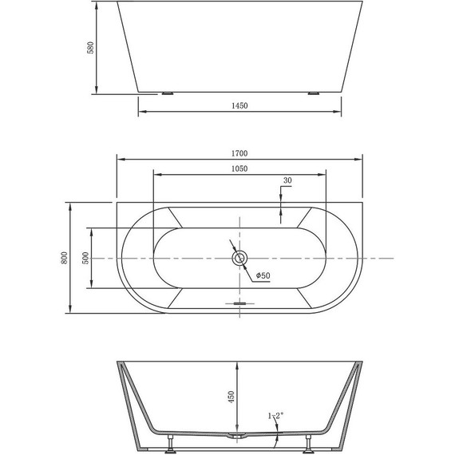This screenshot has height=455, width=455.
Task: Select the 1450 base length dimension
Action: tap(239, 106)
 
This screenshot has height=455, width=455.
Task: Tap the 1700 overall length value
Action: tap(239, 152)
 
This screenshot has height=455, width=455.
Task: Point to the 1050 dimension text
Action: tap(239, 168)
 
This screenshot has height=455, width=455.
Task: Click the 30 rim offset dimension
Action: tap(287, 181)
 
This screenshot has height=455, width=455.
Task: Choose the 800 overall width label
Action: tap(61, 258)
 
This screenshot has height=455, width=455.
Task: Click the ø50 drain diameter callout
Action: tap(263, 276)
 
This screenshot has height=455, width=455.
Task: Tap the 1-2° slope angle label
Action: tap(274, 416)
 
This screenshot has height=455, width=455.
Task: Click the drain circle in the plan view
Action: tap(239, 259)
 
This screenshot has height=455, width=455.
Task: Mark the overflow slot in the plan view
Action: tap(239, 303)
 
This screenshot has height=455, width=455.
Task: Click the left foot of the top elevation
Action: tap(168, 93)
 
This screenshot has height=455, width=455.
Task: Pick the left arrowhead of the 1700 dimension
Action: tap(121, 158)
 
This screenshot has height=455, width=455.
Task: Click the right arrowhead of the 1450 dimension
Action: tap(338, 112)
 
